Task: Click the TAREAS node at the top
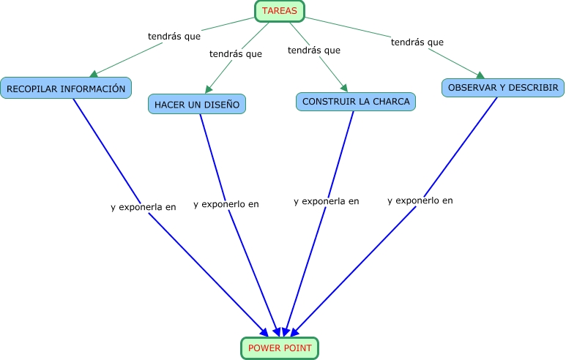[279, 11]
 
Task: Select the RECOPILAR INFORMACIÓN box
[66, 89]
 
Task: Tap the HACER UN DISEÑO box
[196, 105]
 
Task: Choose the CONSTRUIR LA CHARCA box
[356, 101]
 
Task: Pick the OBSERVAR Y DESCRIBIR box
[503, 88]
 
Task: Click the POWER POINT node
[280, 348]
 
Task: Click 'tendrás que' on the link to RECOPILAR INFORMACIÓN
[174, 35]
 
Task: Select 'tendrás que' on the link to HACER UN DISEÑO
[235, 53]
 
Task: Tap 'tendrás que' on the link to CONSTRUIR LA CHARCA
[313, 50]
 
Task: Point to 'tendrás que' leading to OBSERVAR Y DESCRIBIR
[417, 42]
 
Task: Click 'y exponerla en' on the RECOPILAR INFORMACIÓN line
[143, 207]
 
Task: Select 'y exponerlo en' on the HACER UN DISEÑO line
[226, 204]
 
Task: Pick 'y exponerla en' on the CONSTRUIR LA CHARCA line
[326, 201]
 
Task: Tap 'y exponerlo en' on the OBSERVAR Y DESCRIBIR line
[420, 200]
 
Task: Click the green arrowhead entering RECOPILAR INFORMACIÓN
[94, 73]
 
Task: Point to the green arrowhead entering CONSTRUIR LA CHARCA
[343, 87]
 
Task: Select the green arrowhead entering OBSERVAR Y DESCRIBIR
[480, 74]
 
